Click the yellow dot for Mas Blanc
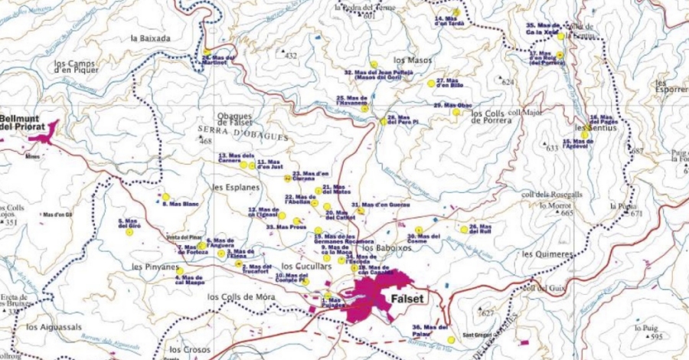coord(165,197)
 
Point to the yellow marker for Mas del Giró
coord(129,233)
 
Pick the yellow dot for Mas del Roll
coord(464,229)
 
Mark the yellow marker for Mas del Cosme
coord(419,230)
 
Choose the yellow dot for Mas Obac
coord(456,112)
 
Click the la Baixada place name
coord(151,38)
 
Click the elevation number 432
coord(290,57)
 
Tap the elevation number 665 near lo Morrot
coord(567,214)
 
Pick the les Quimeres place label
coord(546,254)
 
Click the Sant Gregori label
coord(478,335)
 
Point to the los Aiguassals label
coord(54,326)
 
